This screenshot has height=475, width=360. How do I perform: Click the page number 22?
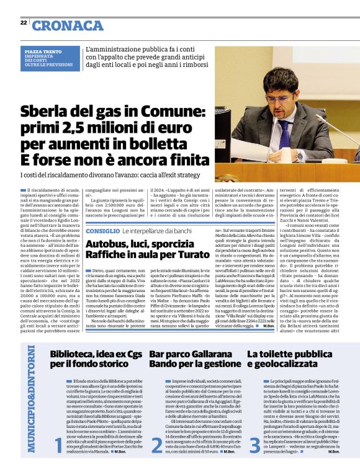coord(23,23)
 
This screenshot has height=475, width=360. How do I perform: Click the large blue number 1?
coord(59,461)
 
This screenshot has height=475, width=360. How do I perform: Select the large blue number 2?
coord(157,461)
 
